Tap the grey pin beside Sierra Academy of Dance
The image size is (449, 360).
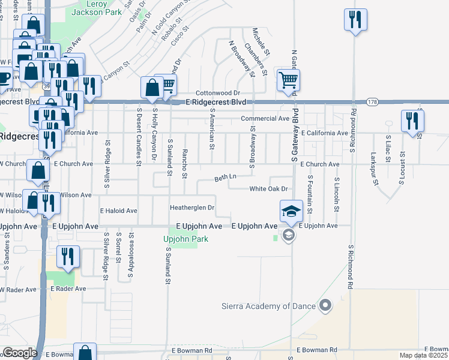(325, 306)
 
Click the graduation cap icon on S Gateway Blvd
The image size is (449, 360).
(291, 211)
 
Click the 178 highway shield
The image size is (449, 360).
(372, 102)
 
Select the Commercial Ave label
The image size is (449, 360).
(265, 119)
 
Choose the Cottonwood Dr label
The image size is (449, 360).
(218, 93)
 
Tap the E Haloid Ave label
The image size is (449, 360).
(119, 211)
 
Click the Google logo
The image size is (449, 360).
(19, 353)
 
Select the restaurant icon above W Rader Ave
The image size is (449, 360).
(68, 256)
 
